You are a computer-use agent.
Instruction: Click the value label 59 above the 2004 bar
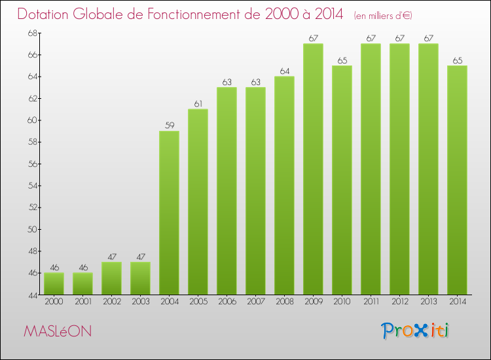coord(169,126)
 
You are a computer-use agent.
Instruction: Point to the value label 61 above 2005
coord(198,104)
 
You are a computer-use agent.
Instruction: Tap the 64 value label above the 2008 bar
coord(284,71)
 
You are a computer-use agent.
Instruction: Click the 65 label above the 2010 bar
coord(342,60)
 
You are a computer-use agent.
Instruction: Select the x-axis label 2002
coord(111,302)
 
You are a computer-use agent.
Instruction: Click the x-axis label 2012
coord(399,302)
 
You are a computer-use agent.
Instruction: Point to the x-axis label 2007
coord(255,302)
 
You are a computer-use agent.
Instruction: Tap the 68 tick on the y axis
coord(32,33)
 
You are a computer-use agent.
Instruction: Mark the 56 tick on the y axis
coord(32,164)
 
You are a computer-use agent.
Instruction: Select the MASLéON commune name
coord(58,332)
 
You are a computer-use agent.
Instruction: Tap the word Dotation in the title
coord(45,14)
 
